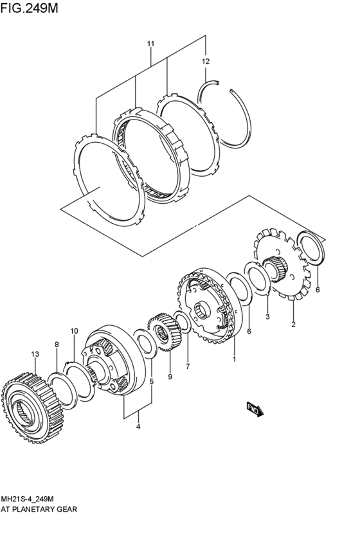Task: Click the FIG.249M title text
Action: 29,8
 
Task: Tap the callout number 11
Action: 150,44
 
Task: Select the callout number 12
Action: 206,62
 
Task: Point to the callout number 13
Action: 35,354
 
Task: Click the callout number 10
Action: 74,331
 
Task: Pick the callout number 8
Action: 57,345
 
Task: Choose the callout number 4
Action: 138,426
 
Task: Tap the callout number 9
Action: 170,377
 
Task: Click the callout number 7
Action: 188,366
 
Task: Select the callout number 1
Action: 235,359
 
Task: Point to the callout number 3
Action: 267,317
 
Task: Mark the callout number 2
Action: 293,325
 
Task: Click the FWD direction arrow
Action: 255,409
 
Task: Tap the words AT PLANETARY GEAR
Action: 39,509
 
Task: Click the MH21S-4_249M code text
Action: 27,498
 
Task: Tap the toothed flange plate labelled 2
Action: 282,264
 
